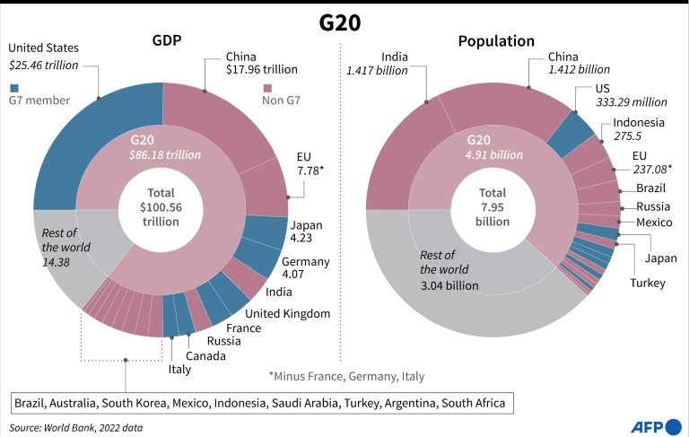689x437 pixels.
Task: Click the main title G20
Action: [340, 22]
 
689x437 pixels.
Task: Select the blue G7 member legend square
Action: [14, 88]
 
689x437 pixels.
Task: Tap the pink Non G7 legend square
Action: [267, 88]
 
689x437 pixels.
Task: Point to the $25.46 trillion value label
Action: [43, 66]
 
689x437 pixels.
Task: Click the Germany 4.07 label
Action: [305, 267]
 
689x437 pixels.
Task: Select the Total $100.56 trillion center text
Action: [161, 207]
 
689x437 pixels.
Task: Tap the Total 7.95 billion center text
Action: [493, 207]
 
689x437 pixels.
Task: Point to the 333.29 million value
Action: [632, 102]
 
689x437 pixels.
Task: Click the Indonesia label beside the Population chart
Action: [639, 122]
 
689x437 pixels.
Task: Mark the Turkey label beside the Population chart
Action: [648, 283]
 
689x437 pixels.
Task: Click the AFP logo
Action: [656, 426]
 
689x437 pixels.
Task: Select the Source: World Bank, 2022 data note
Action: [75, 428]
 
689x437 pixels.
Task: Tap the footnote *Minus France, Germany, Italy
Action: [346, 376]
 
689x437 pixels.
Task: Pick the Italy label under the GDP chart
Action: [179, 370]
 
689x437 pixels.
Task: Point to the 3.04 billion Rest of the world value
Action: [449, 285]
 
